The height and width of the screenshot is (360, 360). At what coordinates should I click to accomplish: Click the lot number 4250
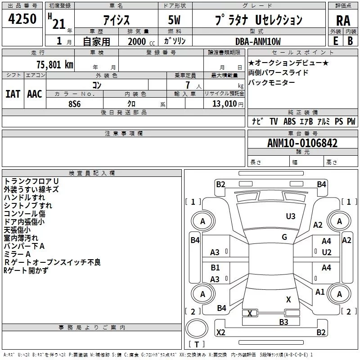22,21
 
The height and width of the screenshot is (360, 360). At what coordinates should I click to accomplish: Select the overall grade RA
343,21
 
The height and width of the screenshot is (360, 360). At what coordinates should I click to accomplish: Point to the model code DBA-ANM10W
258,41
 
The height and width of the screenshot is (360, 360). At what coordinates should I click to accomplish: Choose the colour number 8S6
75,103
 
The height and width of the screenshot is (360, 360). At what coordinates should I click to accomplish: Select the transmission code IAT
13,94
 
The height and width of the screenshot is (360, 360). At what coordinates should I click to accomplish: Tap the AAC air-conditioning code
35,94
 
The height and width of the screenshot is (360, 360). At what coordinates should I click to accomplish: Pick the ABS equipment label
289,121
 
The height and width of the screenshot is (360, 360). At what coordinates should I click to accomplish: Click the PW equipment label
351,121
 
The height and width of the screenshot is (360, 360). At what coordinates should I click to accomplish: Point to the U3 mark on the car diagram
291,216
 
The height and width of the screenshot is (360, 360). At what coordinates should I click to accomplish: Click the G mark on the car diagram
284,237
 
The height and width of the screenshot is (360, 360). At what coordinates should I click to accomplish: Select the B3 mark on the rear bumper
283,322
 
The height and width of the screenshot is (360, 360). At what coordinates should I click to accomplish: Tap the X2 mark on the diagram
221,332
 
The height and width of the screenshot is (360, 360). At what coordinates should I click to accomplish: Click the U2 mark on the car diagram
327,252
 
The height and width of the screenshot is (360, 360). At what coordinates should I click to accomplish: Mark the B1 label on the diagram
216,268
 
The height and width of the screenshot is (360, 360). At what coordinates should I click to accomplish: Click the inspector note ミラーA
18,254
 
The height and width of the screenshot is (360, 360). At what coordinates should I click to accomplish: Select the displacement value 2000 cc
140,41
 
